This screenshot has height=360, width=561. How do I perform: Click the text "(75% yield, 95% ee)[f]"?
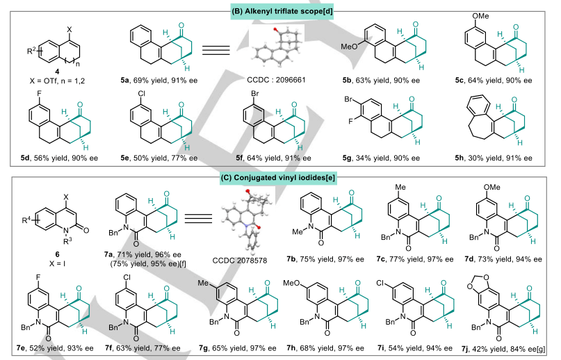(161, 253)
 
